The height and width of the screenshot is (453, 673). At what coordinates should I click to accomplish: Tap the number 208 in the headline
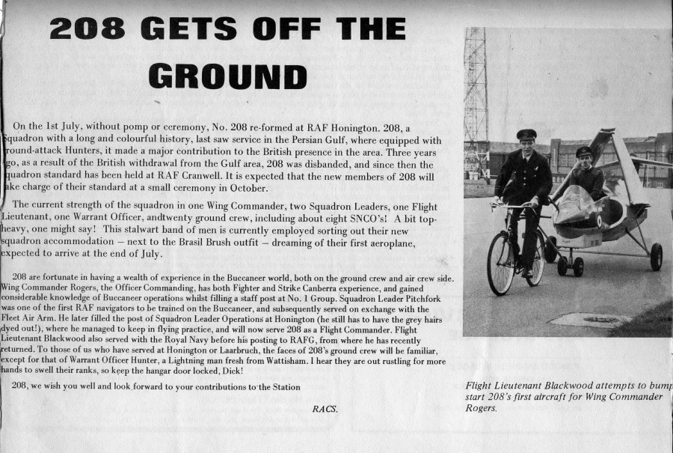point(93,29)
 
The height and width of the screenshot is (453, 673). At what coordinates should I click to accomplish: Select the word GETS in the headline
point(198,29)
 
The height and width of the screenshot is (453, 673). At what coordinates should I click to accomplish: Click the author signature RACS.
point(325,409)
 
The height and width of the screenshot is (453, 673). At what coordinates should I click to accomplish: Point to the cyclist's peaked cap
point(526,134)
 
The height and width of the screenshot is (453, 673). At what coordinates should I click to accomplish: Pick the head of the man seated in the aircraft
point(584,157)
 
